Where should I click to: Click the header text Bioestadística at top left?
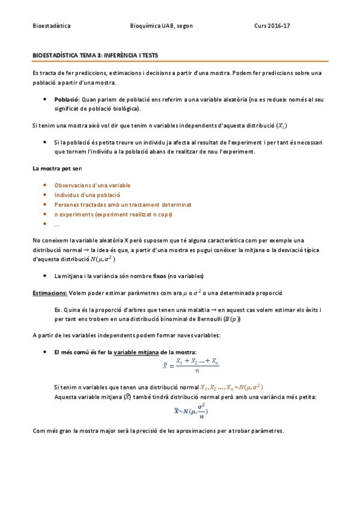pos(51,26)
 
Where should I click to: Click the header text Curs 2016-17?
pos(272,26)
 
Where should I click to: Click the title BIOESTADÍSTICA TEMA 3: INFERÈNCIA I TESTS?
pos(95,55)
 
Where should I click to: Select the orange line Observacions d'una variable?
pos(92,185)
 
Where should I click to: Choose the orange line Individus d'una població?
pos(87,195)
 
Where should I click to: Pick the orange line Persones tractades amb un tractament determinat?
pos(123,205)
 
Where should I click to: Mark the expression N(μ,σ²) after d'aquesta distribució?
pos(102,259)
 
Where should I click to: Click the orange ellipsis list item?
pos(57,224)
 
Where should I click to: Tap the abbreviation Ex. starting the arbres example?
pos(58,309)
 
